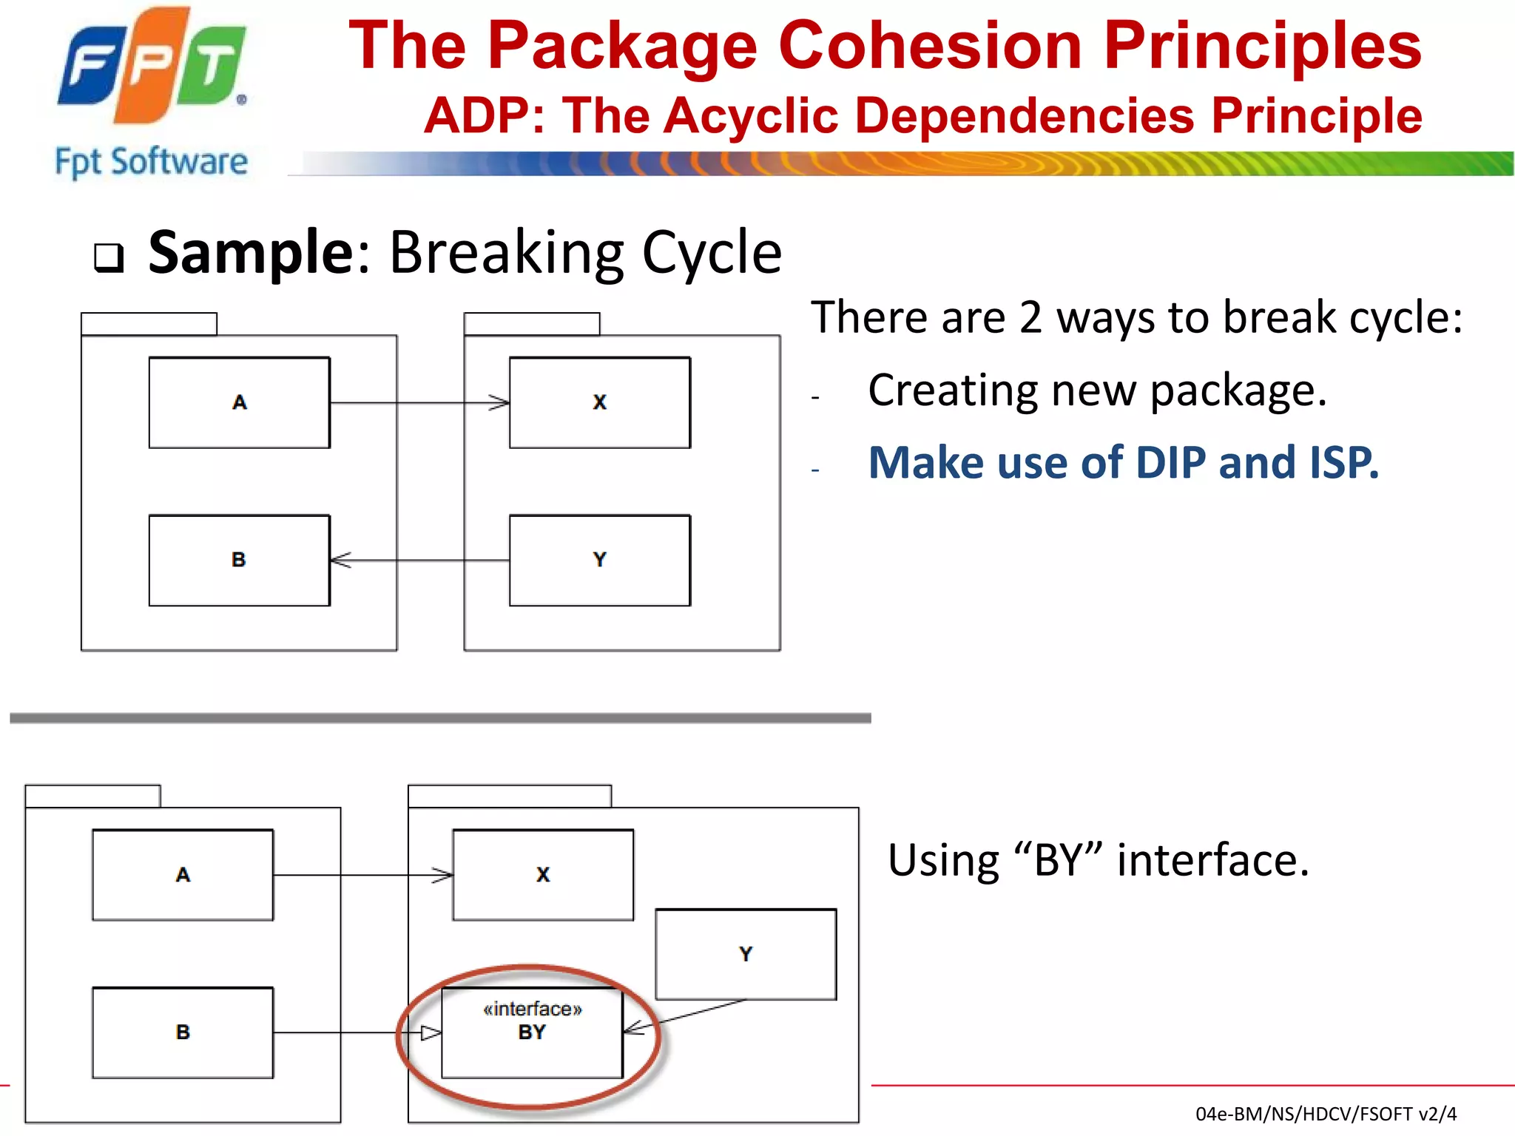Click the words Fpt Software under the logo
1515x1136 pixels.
(152, 161)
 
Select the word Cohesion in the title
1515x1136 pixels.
(931, 46)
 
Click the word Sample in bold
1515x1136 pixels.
(252, 253)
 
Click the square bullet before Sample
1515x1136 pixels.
(109, 258)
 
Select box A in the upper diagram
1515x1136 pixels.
(239, 402)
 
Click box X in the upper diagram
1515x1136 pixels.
(599, 402)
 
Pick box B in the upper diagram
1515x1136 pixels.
(239, 560)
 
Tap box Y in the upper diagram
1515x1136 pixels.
(599, 560)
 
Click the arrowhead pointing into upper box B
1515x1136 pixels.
(340, 561)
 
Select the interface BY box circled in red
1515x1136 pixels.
(532, 1032)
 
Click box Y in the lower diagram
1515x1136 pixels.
(746, 954)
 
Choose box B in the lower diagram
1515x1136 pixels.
(183, 1032)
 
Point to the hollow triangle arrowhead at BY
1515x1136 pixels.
(431, 1032)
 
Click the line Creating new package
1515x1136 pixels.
(1097, 390)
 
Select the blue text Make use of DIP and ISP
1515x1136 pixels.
(1123, 463)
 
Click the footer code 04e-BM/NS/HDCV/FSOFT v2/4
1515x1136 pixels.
(1326, 1114)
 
